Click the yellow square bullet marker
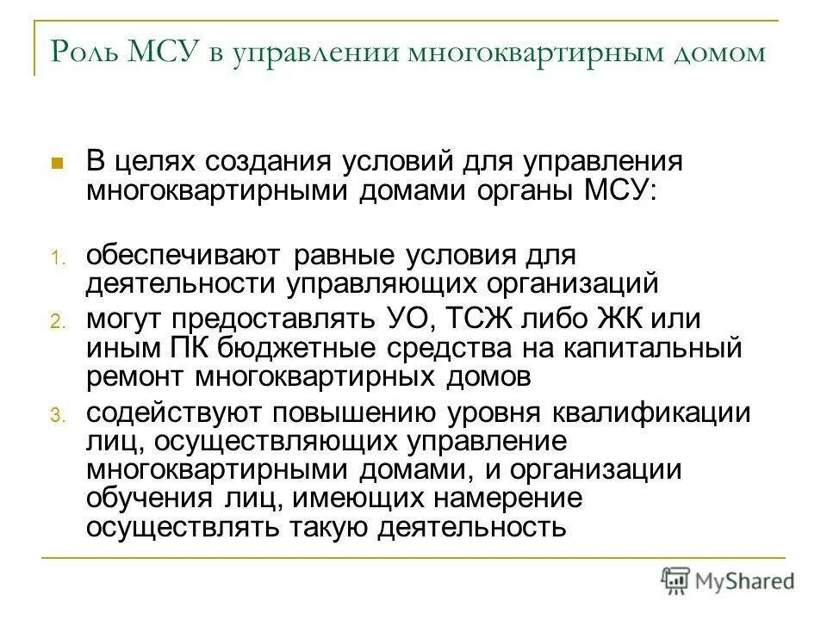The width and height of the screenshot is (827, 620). [x=58, y=162]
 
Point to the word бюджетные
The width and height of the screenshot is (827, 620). [x=281, y=349]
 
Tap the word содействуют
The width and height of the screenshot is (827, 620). [x=175, y=413]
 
